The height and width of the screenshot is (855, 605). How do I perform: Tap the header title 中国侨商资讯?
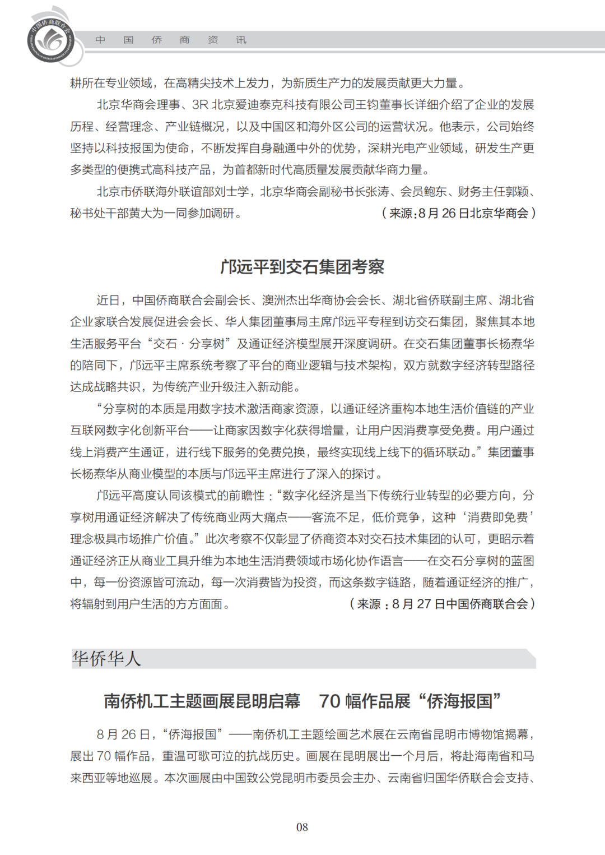(170, 40)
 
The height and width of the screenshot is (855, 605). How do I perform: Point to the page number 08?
(302, 827)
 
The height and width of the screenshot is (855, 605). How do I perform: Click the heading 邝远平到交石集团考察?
(302, 267)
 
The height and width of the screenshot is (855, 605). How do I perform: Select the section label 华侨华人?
(106, 658)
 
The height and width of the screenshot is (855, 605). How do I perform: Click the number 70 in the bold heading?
(329, 701)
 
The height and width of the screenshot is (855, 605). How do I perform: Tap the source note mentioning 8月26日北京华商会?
(458, 213)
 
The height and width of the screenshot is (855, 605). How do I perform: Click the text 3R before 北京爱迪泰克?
(200, 105)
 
